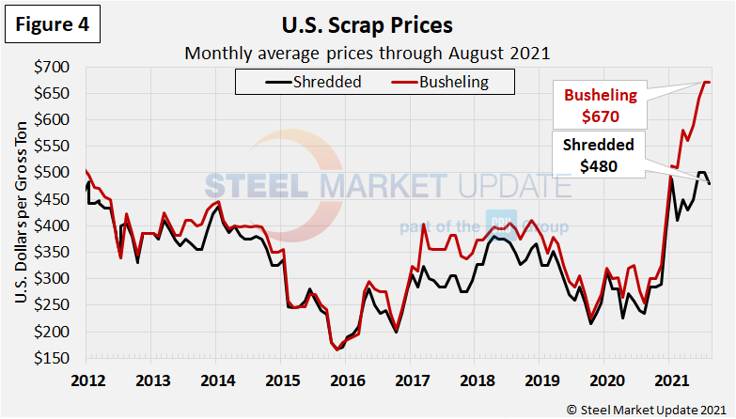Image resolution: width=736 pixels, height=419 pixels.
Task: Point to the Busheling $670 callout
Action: [600, 106]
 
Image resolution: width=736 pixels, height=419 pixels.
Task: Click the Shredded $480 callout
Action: [599, 156]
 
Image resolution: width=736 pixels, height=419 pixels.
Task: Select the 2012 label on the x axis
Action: [86, 380]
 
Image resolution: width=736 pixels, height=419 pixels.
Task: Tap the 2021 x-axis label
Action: [668, 380]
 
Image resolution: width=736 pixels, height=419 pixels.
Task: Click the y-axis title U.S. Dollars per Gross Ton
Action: [21, 213]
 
